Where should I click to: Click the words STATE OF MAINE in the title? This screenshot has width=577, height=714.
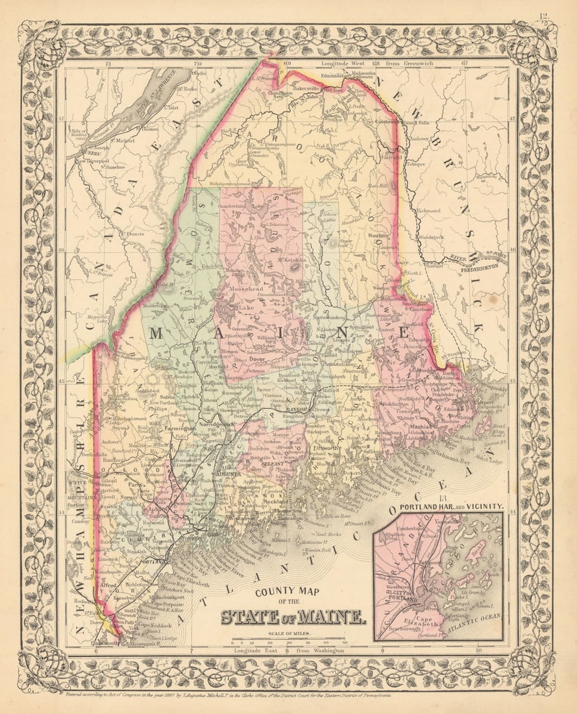(x=293, y=616)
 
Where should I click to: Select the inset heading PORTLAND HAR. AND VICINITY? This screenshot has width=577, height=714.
(x=451, y=506)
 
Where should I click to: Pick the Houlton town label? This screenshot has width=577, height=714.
(x=377, y=236)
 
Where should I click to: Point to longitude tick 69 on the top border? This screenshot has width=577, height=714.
(x=286, y=64)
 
